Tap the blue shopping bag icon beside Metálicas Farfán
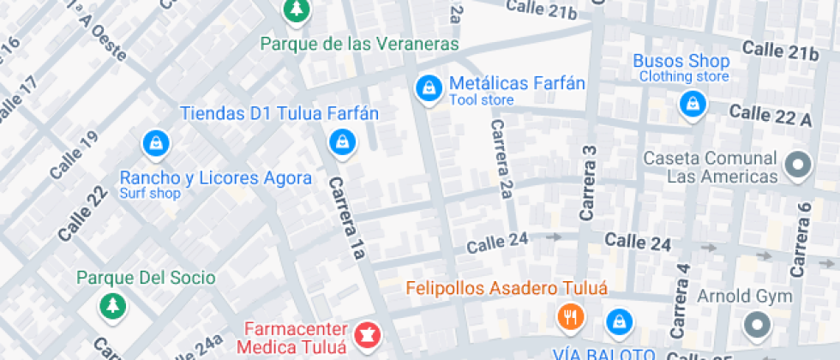[427, 87]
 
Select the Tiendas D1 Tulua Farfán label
[279, 113]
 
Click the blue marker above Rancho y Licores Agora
[156, 143]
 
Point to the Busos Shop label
[681, 62]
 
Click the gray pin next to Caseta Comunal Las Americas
[798, 163]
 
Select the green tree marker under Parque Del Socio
[111, 304]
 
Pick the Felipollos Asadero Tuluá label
[507, 288]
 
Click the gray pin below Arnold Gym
[757, 325]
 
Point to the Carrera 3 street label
[588, 183]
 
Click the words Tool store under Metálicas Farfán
[482, 100]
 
